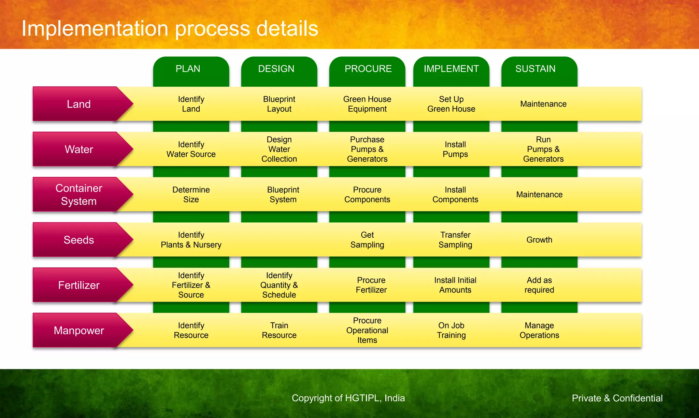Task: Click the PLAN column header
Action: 188,69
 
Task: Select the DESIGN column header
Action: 276,69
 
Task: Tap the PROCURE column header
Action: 368,69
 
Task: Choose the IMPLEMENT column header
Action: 451,69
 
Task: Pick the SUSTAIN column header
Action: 535,69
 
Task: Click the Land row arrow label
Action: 79,104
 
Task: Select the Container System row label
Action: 79,195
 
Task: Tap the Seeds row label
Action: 79,240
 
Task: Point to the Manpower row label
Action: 79,331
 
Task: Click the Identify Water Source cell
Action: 191,149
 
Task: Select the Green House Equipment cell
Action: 367,104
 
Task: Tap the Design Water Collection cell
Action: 279,149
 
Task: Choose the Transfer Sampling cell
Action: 455,240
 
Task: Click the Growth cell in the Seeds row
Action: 539,240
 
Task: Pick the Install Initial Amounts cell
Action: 455,285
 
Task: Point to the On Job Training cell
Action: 451,330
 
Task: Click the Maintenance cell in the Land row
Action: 543,104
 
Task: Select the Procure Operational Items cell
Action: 367,330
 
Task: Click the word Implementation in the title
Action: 95,29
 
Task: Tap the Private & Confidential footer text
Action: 617,398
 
